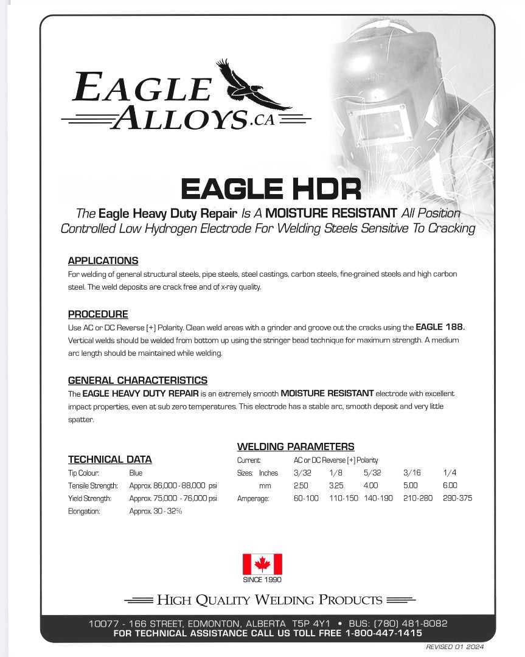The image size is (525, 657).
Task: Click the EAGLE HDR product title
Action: (x=271, y=189)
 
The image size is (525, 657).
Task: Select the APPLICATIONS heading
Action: (x=103, y=261)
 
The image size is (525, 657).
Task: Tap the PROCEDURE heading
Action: (x=98, y=315)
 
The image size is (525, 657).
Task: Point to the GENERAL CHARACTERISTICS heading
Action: (x=137, y=381)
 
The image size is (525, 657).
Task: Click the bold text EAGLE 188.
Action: (x=440, y=327)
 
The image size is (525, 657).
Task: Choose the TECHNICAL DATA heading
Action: (x=110, y=459)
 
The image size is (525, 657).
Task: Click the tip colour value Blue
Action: (x=136, y=473)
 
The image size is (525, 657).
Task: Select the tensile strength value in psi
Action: (x=173, y=486)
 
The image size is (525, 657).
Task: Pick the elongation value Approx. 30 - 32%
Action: (x=156, y=512)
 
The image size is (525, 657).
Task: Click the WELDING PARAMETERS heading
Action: (x=295, y=447)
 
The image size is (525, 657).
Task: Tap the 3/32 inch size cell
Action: (x=302, y=473)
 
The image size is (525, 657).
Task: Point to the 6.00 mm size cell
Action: (x=450, y=485)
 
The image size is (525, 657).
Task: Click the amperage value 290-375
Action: (x=457, y=498)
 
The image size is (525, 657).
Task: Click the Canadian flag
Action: (x=262, y=564)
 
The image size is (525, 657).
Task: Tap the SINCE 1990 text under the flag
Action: (x=262, y=580)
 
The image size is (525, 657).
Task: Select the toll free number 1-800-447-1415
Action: (x=383, y=633)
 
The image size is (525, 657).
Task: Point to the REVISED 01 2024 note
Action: (x=454, y=647)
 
